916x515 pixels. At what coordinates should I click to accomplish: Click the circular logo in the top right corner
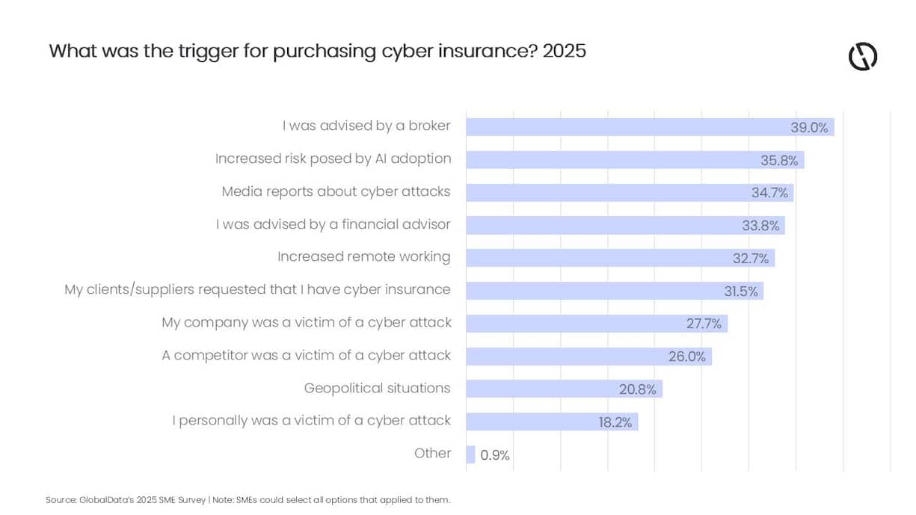[x=862, y=57]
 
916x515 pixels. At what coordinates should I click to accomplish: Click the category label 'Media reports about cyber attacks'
[x=336, y=191]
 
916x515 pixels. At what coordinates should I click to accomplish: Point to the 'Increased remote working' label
[x=363, y=257]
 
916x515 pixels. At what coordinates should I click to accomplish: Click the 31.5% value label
[x=740, y=291]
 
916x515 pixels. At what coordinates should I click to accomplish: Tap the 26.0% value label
[x=686, y=357]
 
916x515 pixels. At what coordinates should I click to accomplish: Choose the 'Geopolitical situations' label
[x=377, y=388]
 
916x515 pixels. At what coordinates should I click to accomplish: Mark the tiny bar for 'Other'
[x=470, y=454]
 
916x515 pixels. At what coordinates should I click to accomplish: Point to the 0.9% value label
[x=494, y=455]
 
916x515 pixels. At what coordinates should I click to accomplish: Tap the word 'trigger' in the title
[x=198, y=51]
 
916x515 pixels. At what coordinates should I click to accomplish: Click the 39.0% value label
[x=809, y=127]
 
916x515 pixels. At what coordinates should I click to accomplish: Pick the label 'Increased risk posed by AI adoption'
[x=333, y=158]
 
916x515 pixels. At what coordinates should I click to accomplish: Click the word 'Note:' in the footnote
[x=223, y=499]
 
